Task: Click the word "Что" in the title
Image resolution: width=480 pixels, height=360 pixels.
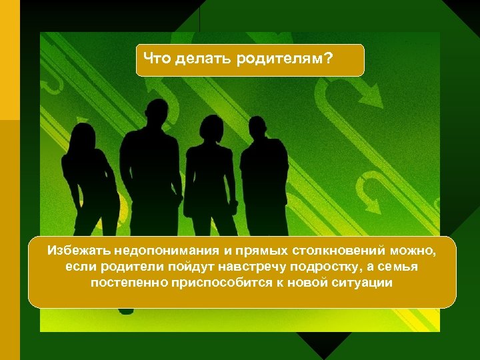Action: point(157,59)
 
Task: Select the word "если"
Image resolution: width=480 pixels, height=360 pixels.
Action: point(80,267)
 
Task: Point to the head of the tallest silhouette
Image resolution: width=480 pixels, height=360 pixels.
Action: point(157,113)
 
